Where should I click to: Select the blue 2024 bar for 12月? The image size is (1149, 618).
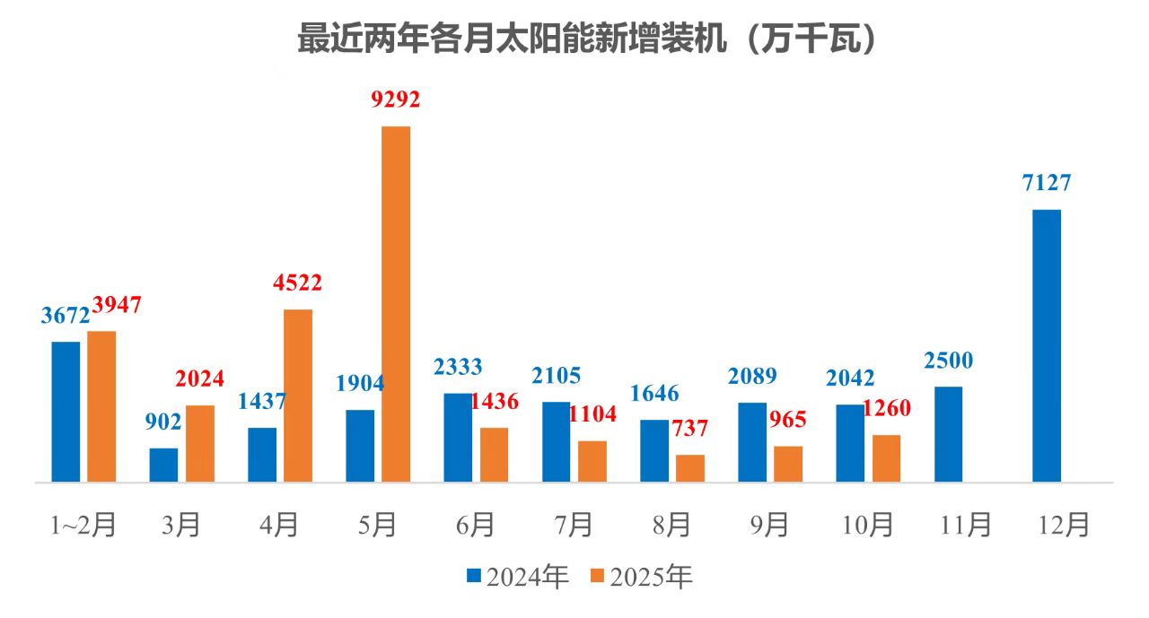pos(1047,345)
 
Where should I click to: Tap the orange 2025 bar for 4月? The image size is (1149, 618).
pos(298,396)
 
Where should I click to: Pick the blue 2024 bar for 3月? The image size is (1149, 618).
pos(163,465)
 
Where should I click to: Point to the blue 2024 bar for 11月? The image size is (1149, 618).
pos(948,434)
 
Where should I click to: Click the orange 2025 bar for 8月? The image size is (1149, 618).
pos(690,468)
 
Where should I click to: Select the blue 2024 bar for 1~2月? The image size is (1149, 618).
pos(66,412)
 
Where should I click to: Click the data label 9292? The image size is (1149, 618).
pos(396,100)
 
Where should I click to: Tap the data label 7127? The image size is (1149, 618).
pos(1047,183)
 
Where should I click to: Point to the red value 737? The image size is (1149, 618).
pos(690,429)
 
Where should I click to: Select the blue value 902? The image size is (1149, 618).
pos(163,422)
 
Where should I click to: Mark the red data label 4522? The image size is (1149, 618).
pos(297,283)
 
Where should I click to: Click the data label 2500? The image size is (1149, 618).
pos(948,361)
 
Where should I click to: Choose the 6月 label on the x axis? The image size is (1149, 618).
pos(475,525)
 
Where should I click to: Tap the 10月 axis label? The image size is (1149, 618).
pos(867,525)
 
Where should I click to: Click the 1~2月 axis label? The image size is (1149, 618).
pos(83,525)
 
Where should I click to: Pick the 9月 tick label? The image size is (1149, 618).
pos(769,525)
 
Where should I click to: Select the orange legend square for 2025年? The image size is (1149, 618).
pos(597,575)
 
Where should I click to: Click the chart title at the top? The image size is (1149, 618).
pos(586,39)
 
